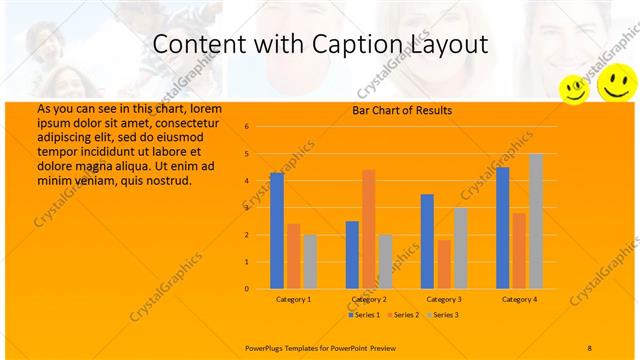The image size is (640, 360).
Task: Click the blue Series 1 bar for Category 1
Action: (277, 231)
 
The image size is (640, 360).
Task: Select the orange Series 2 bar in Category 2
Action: (368, 229)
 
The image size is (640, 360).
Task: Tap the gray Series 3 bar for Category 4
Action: (536, 221)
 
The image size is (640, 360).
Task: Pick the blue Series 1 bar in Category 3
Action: (427, 241)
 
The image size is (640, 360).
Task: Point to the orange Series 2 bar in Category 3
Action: (444, 264)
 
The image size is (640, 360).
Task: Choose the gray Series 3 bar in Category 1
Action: (310, 261)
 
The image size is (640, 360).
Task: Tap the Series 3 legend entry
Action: (443, 315)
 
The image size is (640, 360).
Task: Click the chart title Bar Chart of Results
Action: (402, 110)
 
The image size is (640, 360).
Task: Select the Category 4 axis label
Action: (519, 299)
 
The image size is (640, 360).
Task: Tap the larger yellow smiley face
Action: (616, 82)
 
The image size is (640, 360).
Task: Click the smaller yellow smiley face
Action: (574, 89)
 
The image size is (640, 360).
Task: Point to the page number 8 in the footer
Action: (589, 347)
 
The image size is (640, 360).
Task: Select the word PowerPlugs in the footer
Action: (265, 347)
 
